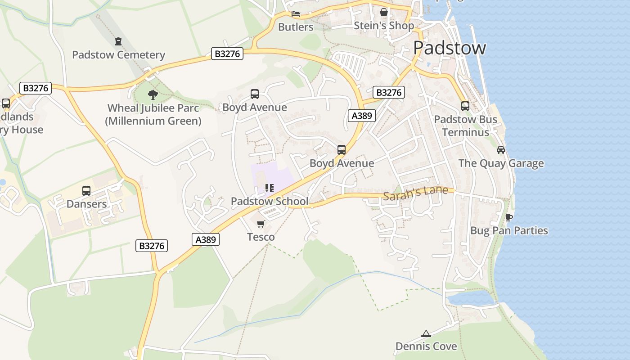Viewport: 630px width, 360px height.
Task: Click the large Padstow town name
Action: [450, 48]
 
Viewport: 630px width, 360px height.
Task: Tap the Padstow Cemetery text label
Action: [119, 55]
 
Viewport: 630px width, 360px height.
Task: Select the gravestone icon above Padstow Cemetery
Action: [118, 41]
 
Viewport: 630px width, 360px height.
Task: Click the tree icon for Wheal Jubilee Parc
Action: [153, 94]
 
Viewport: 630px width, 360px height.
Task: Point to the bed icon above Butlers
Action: [296, 14]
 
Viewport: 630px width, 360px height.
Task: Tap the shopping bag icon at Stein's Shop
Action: [384, 12]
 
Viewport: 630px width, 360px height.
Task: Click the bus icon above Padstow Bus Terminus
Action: [465, 106]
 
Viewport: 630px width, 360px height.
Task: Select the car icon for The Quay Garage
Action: [501, 150]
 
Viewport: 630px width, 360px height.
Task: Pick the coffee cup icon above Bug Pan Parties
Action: [509, 217]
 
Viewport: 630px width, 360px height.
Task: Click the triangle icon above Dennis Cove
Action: [426, 333]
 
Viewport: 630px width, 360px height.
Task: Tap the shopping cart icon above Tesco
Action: [261, 224]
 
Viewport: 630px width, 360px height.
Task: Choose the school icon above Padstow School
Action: [270, 188]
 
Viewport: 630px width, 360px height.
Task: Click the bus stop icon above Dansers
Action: [86, 190]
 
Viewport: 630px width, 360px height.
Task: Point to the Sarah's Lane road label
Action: [416, 192]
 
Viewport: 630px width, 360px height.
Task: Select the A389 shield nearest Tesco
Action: [206, 239]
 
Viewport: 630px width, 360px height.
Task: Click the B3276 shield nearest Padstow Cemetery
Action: [227, 54]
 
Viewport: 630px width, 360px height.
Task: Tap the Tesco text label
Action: [261, 237]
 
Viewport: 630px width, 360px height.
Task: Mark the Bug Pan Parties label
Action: [509, 230]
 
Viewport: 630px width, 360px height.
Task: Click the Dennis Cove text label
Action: [426, 346]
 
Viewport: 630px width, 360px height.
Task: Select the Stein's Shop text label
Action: [384, 26]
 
